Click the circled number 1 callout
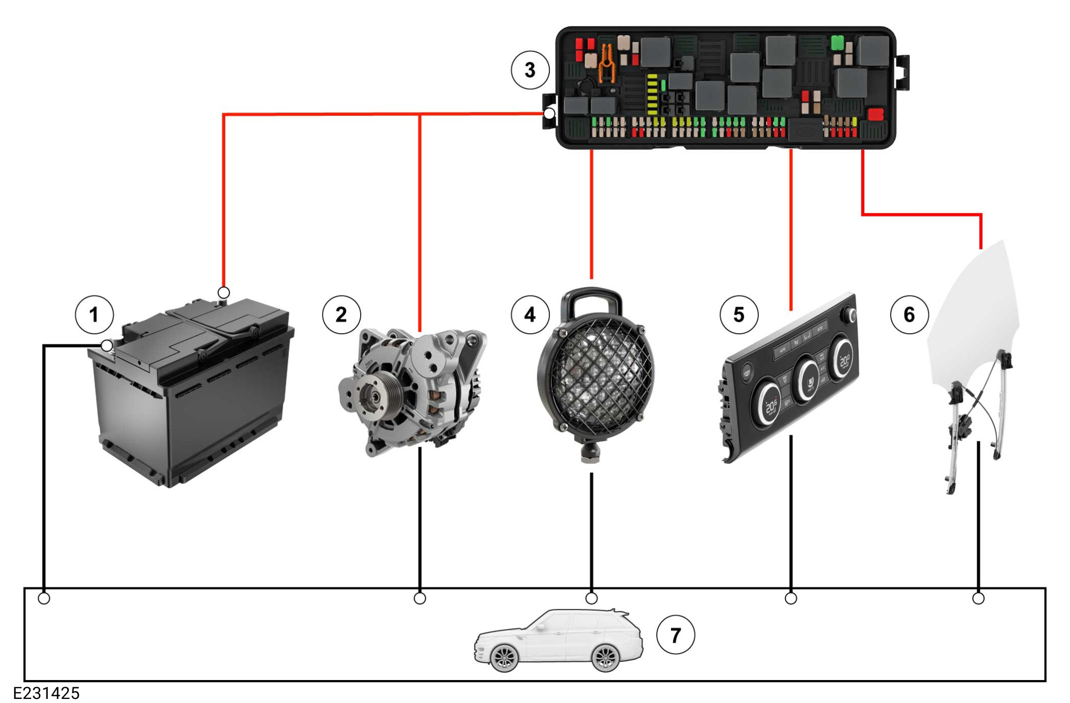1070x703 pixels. click(x=94, y=315)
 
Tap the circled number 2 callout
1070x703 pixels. click(x=341, y=315)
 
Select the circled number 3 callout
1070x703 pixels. click(x=530, y=70)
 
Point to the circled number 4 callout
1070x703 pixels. click(x=530, y=315)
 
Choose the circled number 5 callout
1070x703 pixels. click(x=739, y=315)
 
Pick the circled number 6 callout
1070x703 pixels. click(x=909, y=315)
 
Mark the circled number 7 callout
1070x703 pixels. click(x=675, y=635)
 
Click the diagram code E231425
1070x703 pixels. click(x=46, y=693)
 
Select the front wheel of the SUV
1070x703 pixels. click(x=504, y=657)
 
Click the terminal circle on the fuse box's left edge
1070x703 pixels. click(x=549, y=114)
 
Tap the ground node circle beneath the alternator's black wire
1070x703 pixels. click(x=420, y=598)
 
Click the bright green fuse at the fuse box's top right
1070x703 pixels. click(x=837, y=43)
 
